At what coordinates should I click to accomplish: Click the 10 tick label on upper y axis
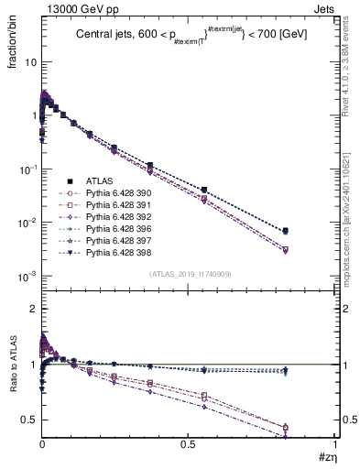[29, 62]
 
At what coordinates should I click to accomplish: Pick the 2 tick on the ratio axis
[33, 310]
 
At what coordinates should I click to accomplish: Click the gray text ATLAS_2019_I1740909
[188, 274]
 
